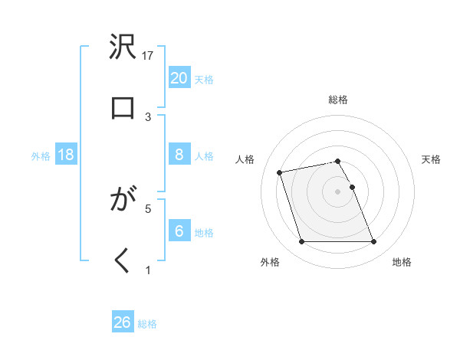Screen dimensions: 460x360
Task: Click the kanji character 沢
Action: click(123, 48)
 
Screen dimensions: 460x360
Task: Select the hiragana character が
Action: click(123, 201)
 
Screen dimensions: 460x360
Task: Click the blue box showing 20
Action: click(179, 77)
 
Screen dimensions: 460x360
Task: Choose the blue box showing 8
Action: click(179, 155)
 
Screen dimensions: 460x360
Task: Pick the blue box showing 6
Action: click(179, 231)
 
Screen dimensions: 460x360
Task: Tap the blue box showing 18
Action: click(66, 155)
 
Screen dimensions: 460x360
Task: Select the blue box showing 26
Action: click(123, 322)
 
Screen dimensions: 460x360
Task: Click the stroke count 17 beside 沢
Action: click(149, 55)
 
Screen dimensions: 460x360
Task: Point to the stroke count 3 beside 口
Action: click(149, 116)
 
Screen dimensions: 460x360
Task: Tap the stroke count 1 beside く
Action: click(149, 269)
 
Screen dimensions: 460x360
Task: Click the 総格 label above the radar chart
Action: click(338, 100)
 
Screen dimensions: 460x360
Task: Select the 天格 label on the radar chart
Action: click(431, 159)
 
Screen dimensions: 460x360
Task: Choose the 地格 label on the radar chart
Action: click(402, 262)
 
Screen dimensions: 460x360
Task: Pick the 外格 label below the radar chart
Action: click(269, 262)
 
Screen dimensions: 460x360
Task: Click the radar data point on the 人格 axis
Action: click(280, 172)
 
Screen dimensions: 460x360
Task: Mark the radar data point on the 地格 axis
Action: click(373, 242)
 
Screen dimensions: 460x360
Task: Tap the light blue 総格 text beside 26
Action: click(147, 324)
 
